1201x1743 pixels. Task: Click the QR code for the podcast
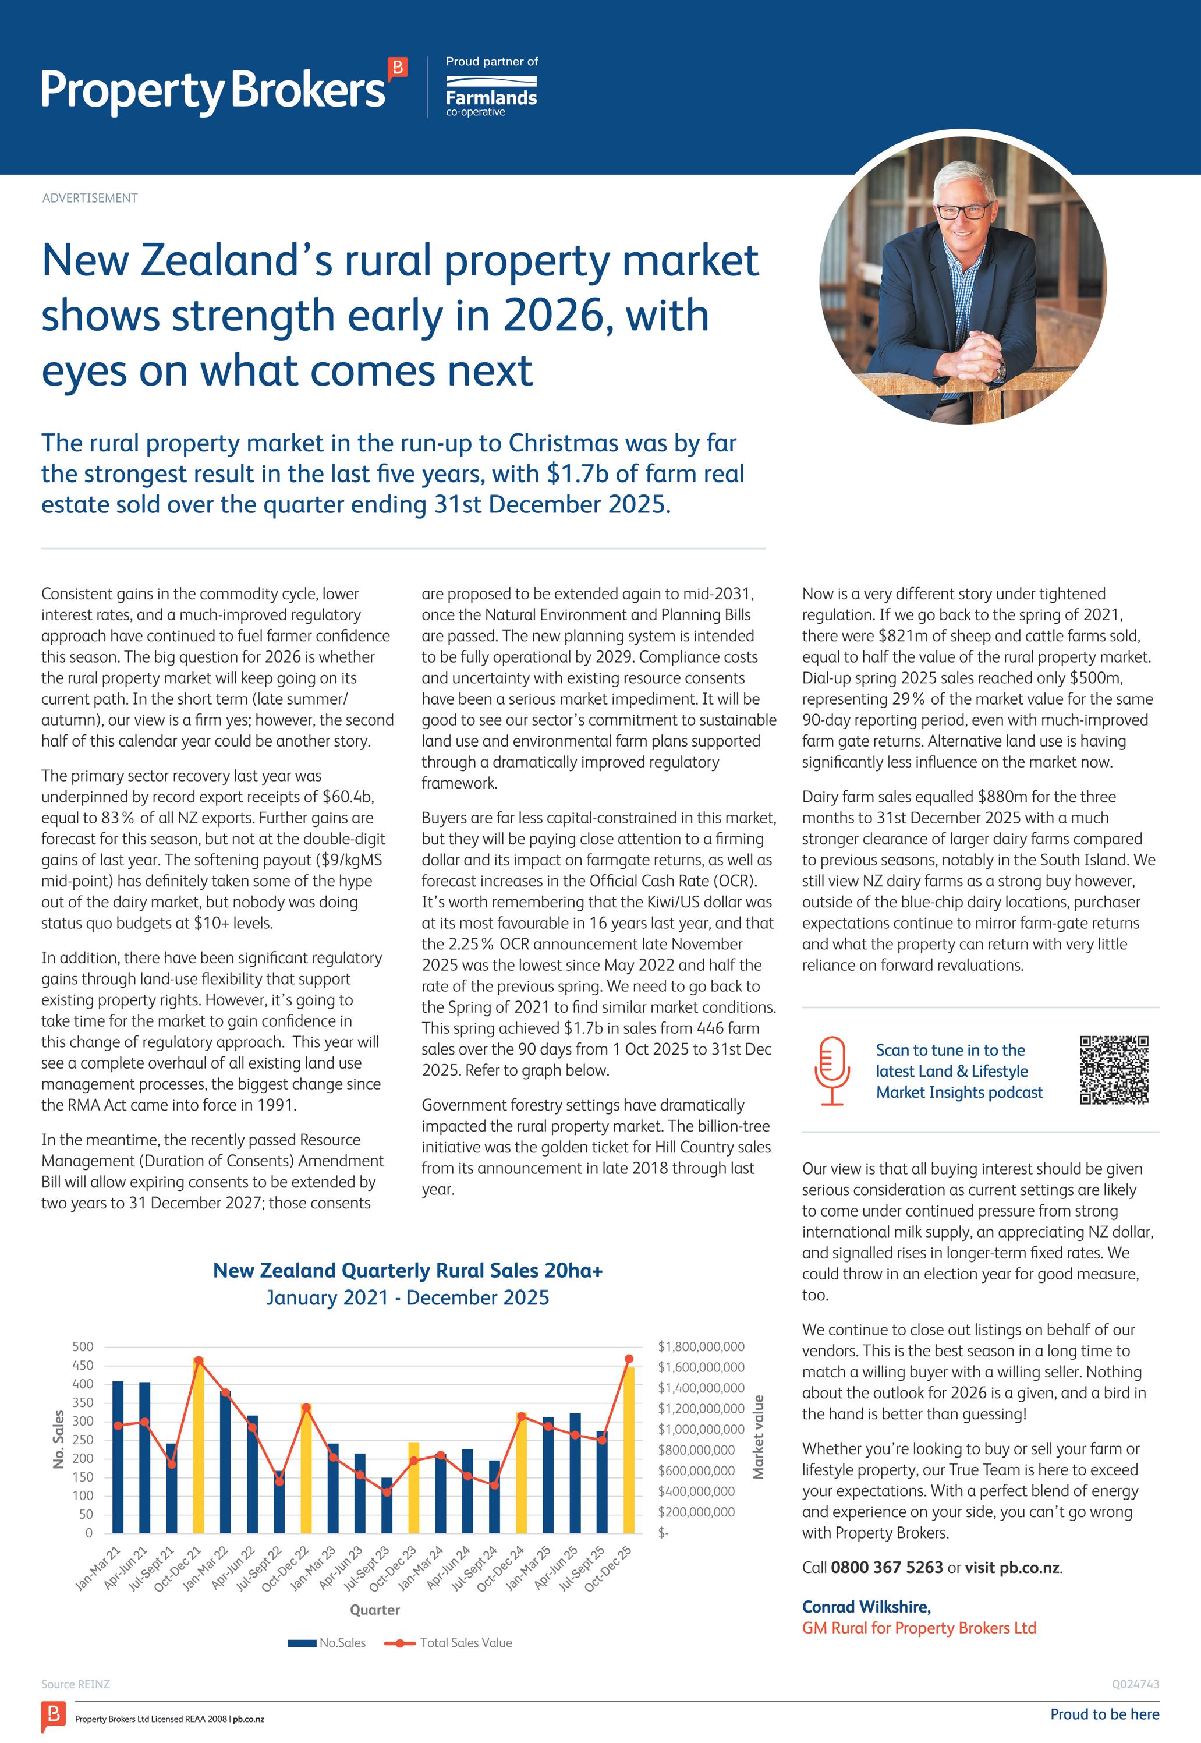pyautogui.click(x=1114, y=1070)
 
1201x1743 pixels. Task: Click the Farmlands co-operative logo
pyautogui.click(x=491, y=97)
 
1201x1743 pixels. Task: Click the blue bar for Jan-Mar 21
pyautogui.click(x=118, y=1456)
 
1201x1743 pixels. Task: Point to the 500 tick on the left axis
pyautogui.click(x=83, y=1346)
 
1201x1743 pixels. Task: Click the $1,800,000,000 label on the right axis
pyautogui.click(x=700, y=1346)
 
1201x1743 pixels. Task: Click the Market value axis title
pyautogui.click(x=759, y=1437)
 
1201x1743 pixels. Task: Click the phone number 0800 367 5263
pyautogui.click(x=887, y=1568)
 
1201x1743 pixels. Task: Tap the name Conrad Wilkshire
pyautogui.click(x=865, y=1607)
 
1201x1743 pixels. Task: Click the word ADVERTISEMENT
pyautogui.click(x=90, y=198)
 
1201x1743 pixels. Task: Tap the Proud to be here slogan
pyautogui.click(x=1104, y=1714)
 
